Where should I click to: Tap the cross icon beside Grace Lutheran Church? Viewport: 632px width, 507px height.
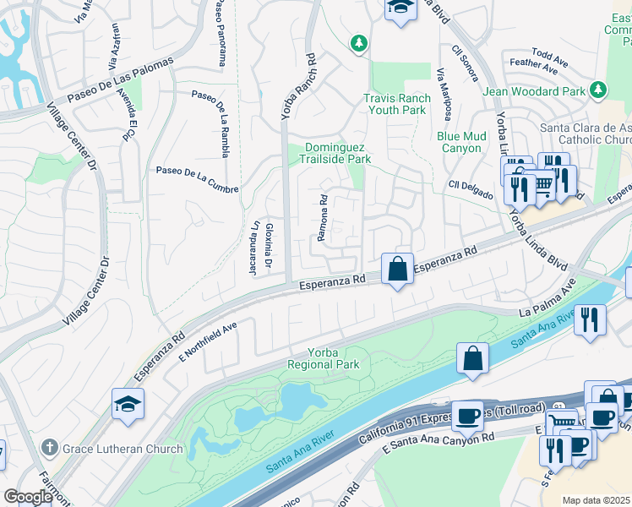[51, 448]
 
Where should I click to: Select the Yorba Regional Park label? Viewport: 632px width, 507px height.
[323, 358]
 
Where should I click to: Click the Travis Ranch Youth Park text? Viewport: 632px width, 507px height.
[396, 104]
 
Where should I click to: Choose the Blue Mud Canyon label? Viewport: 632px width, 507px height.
[461, 142]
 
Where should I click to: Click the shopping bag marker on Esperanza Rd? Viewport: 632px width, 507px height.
[397, 270]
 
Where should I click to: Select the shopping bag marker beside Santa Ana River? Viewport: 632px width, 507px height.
[473, 357]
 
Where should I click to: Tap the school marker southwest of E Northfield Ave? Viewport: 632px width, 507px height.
[128, 405]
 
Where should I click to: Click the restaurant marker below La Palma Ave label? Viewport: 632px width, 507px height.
[590, 320]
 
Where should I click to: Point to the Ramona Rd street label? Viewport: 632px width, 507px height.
[322, 218]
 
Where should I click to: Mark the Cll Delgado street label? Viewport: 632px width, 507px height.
[471, 191]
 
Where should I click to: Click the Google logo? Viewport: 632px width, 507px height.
[27, 497]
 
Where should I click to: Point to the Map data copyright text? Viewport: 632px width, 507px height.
[596, 500]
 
